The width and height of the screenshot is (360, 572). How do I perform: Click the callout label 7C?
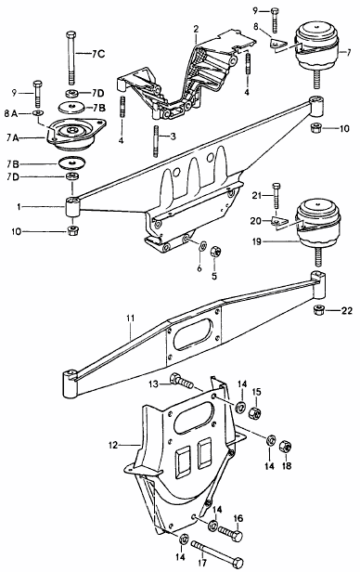(x=96, y=54)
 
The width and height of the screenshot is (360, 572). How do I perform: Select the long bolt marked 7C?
(x=70, y=58)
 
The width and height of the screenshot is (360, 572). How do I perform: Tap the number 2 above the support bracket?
(x=195, y=30)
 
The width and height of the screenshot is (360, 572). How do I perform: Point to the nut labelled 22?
(x=318, y=308)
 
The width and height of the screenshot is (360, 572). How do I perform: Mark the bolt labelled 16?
(x=231, y=536)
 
